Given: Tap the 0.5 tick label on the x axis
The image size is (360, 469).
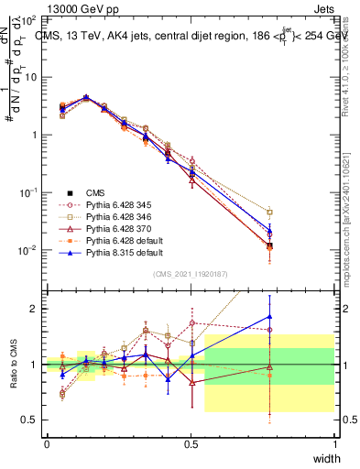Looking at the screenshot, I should (x=191, y=443).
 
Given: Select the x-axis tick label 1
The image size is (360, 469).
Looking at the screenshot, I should (x=334, y=443).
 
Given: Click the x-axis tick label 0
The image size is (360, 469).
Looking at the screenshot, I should (x=47, y=443).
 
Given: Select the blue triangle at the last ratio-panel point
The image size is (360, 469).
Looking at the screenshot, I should (x=269, y=316).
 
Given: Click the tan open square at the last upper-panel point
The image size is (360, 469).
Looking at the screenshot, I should (x=269, y=212).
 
